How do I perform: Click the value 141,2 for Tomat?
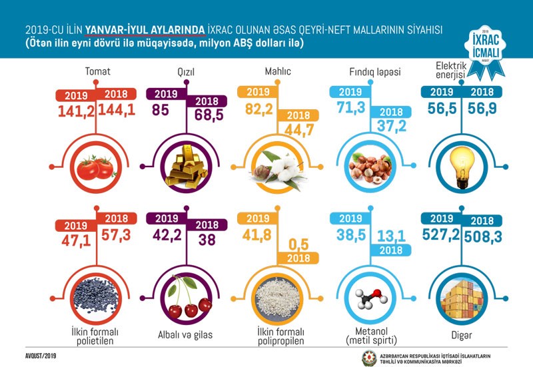tap(75, 111)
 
